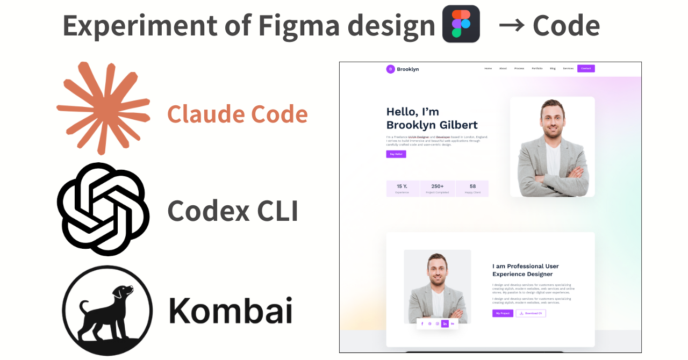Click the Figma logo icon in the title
461,24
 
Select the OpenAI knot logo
103,209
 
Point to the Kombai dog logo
107,311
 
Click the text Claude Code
237,114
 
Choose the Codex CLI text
233,211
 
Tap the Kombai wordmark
231,311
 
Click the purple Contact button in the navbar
586,69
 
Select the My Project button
503,313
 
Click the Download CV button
531,313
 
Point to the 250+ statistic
438,189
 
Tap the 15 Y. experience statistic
402,189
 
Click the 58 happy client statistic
472,189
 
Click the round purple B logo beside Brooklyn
390,69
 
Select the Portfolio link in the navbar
537,69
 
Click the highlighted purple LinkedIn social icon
445,324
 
